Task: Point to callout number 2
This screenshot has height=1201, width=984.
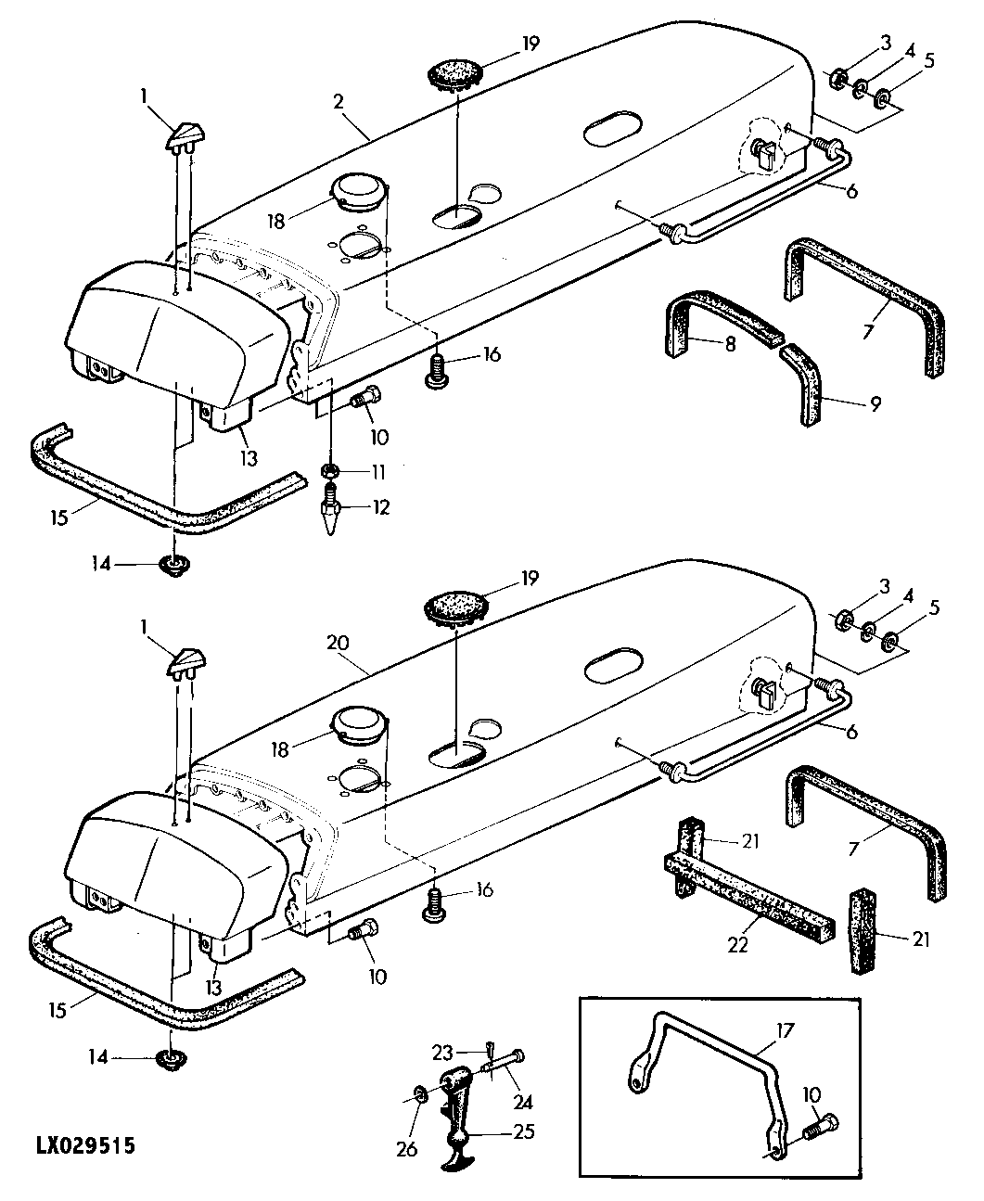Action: click(x=339, y=102)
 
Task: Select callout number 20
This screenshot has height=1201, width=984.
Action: click(x=337, y=643)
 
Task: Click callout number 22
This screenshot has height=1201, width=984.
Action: click(x=737, y=945)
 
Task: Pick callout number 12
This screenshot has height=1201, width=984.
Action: click(x=380, y=506)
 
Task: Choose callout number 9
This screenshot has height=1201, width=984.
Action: click(x=875, y=403)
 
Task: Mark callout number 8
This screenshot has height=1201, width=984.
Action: click(x=730, y=343)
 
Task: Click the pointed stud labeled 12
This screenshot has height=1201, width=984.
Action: click(x=330, y=506)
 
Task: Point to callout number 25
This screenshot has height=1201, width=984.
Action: click(x=524, y=1131)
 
